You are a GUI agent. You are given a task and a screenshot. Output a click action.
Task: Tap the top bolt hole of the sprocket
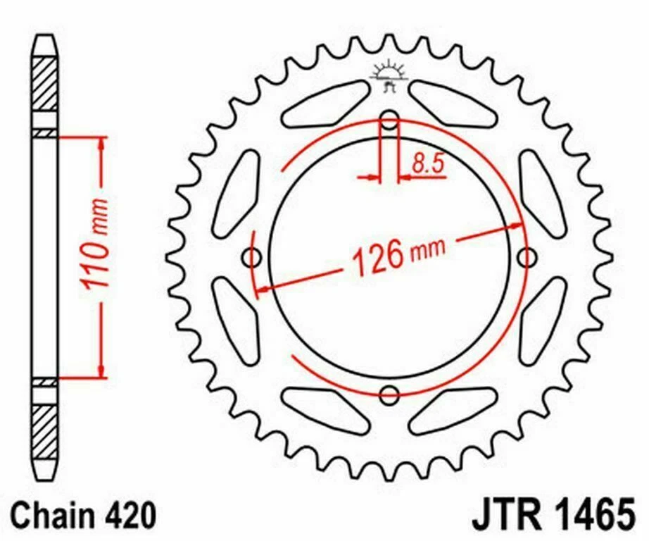[x=389, y=120]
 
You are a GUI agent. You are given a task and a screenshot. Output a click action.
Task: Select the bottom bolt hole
[x=389, y=396]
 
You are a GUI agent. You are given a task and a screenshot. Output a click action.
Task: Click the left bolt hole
[x=252, y=258]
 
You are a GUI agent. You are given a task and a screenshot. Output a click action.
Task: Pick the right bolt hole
[x=527, y=258]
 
